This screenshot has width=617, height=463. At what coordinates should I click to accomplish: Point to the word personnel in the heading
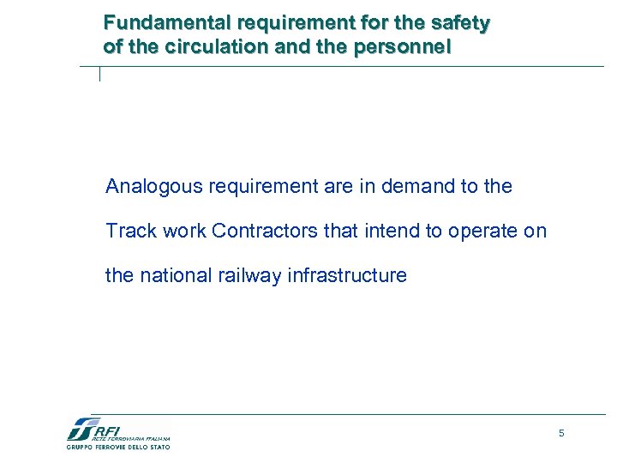pos(403,46)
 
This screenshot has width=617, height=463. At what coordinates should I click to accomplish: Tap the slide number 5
pos(561,434)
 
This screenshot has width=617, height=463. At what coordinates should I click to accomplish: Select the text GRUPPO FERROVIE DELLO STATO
pos(118,447)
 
